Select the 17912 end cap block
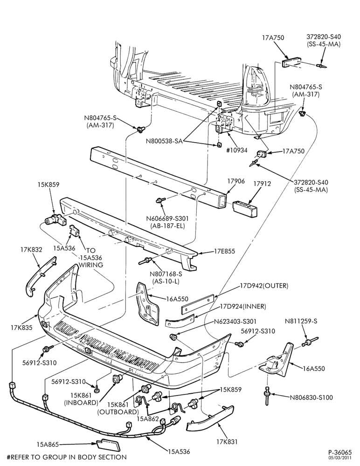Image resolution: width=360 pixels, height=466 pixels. pos(244,207)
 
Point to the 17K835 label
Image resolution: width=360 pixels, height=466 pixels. pos(21,328)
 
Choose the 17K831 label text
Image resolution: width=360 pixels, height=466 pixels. pos(227,442)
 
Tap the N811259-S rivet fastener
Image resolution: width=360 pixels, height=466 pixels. pos(310,341)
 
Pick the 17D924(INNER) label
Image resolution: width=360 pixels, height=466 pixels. pos(243,306)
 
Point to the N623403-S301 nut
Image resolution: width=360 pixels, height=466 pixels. pos(173,337)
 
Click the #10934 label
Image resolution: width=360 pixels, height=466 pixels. pos(236,150)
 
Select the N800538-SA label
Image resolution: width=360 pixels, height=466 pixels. pos(164,141)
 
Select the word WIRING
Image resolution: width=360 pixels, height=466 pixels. pos(91,265)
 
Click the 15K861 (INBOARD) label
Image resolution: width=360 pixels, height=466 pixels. pos(81,399)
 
